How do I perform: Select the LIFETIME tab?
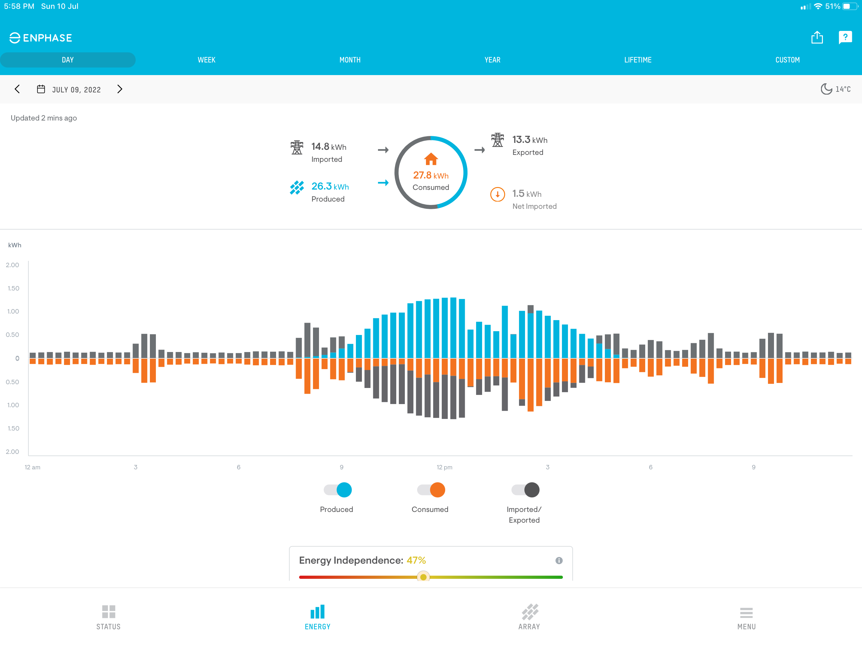click(x=638, y=60)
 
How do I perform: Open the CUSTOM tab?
click(x=787, y=60)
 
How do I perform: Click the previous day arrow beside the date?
click(x=17, y=89)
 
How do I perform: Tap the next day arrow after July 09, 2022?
click(x=120, y=89)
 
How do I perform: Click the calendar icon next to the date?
click(x=41, y=89)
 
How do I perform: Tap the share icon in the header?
click(x=817, y=38)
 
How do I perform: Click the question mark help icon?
click(x=845, y=38)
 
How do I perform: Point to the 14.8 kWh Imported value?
click(x=328, y=147)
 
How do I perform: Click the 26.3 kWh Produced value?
click(x=330, y=187)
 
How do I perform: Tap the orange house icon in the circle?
click(x=431, y=159)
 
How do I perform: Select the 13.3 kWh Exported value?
click(x=529, y=140)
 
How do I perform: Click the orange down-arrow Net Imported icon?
click(x=497, y=194)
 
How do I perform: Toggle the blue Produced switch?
click(x=338, y=490)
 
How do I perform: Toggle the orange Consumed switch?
click(x=431, y=490)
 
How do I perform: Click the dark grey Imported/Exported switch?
click(x=526, y=490)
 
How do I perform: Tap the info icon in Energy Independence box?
click(x=559, y=560)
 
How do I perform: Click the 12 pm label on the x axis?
click(x=444, y=467)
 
